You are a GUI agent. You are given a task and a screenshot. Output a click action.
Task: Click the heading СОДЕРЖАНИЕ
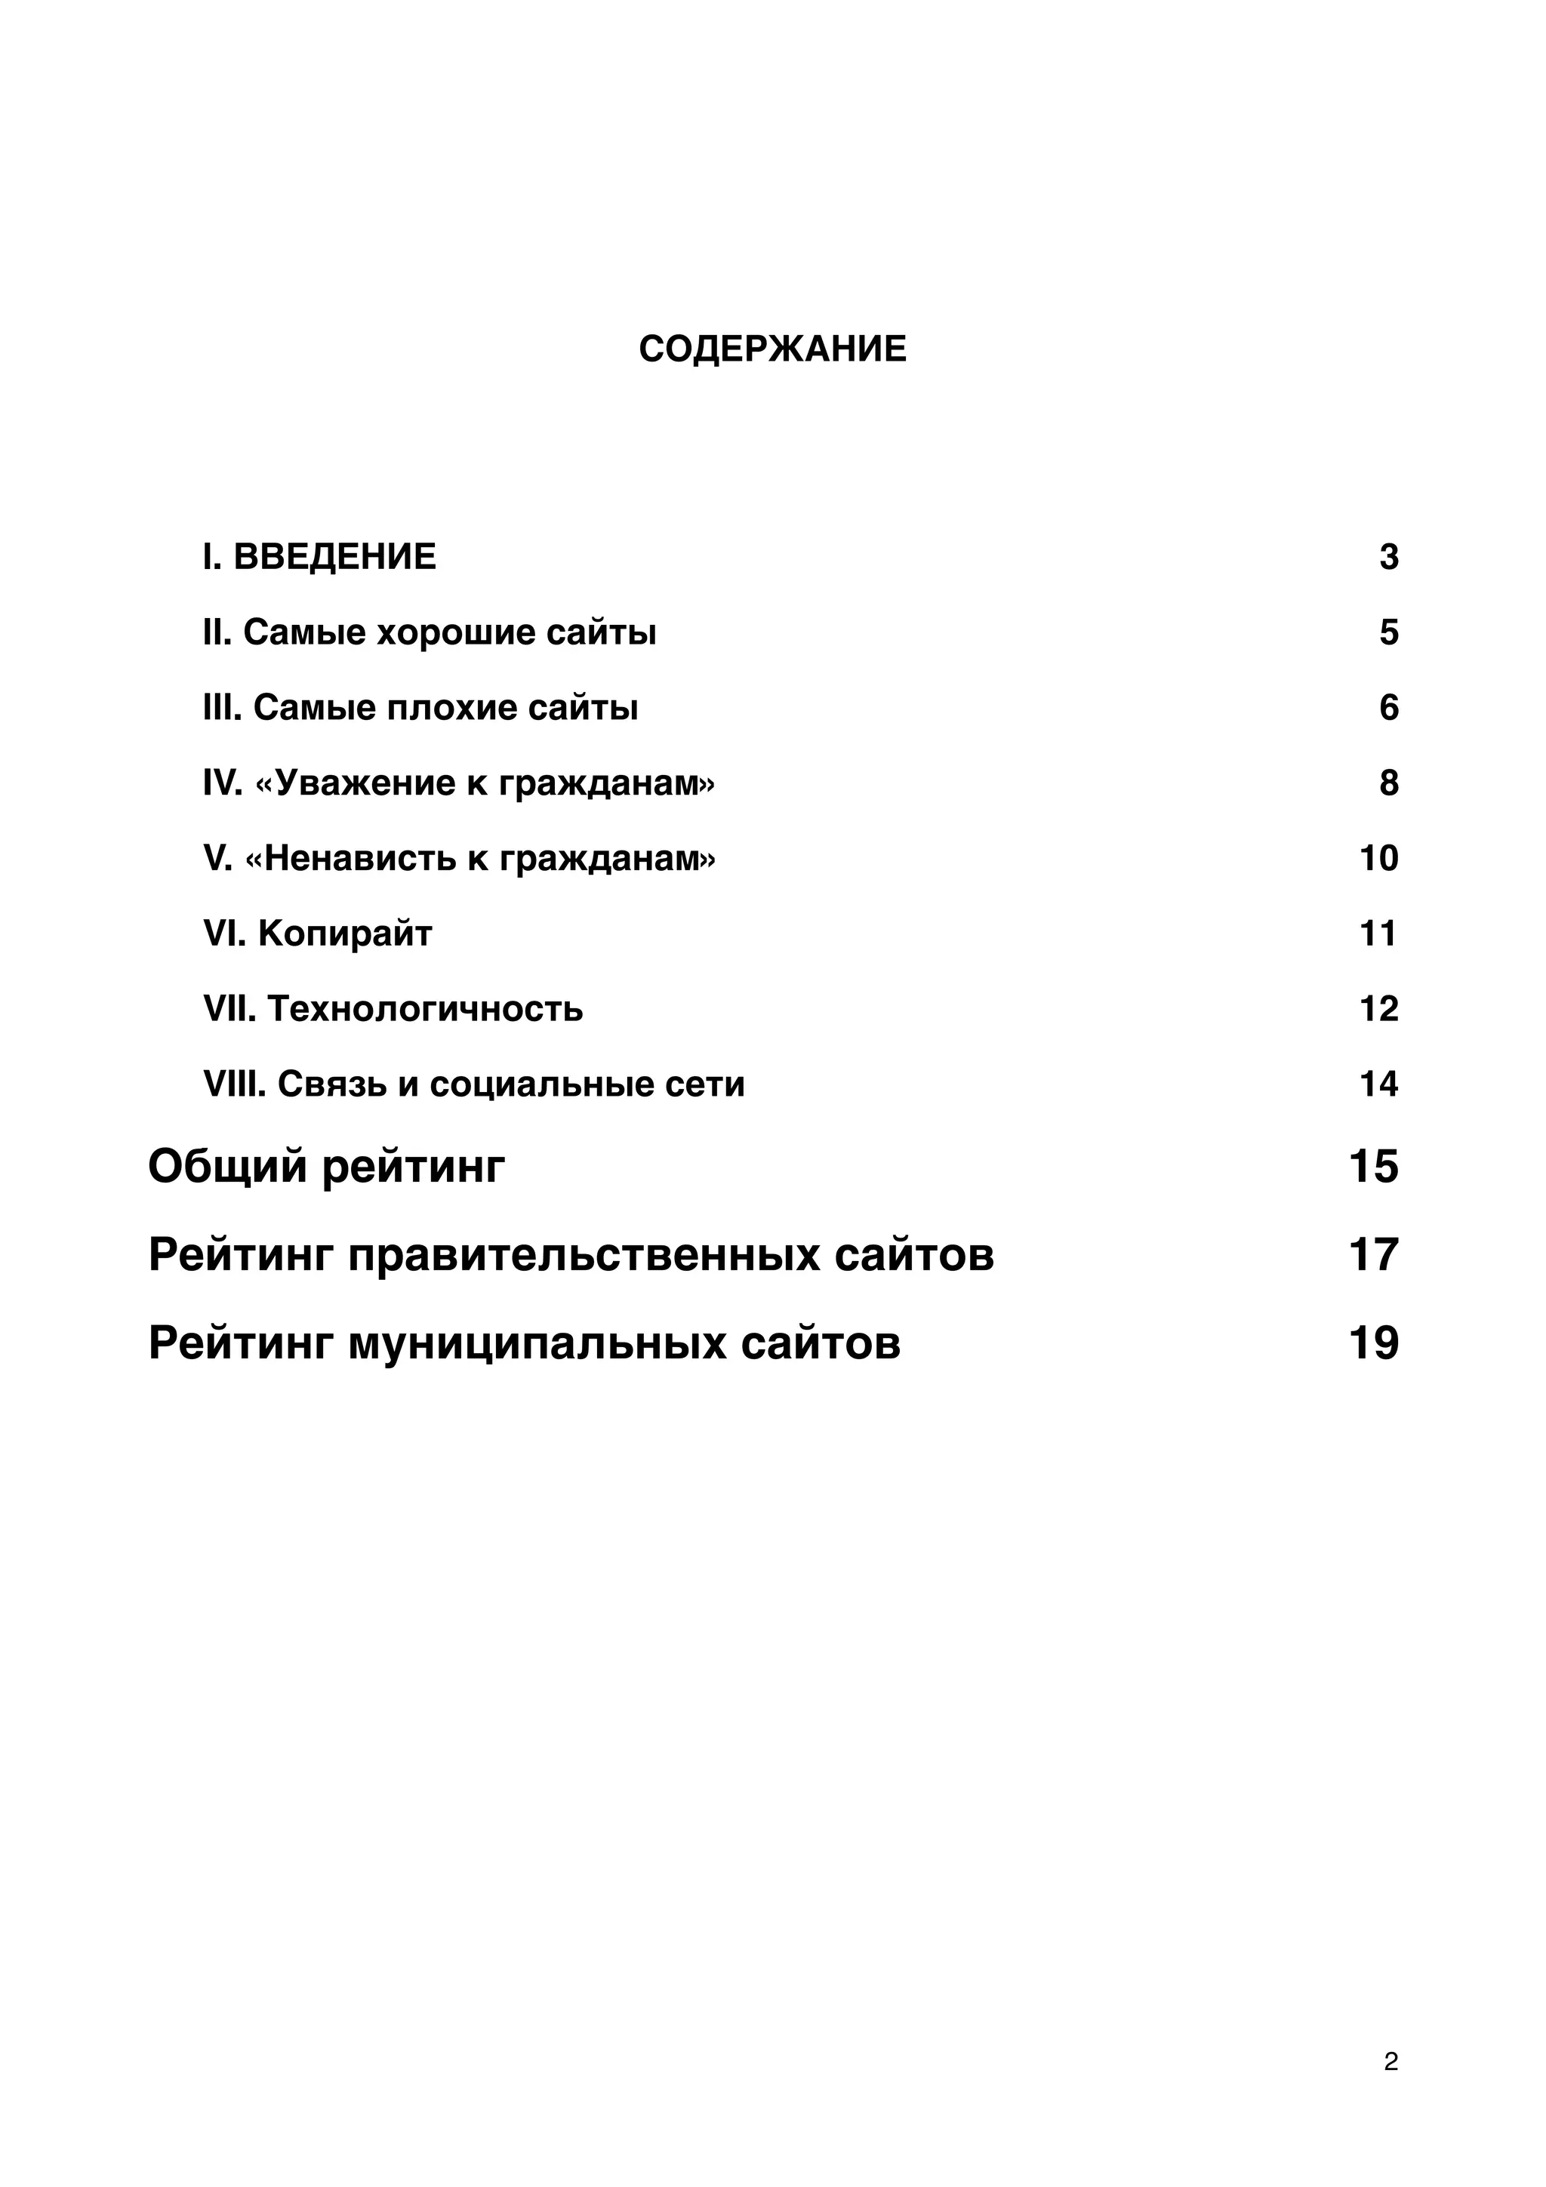(x=771, y=349)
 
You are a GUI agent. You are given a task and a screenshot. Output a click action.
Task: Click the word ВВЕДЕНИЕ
(x=334, y=556)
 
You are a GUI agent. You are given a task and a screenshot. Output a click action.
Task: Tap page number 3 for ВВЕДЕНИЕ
(x=1388, y=556)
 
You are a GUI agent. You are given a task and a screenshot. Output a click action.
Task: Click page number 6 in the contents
(x=1388, y=708)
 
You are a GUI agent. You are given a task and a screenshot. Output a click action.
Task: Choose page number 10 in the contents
(x=1378, y=858)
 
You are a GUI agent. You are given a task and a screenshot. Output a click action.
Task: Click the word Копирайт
(x=345, y=934)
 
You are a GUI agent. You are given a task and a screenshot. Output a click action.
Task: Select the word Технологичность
(x=425, y=1009)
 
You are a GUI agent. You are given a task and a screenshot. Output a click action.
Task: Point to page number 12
(x=1378, y=1009)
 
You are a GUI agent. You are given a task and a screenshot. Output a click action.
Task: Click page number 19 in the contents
(x=1372, y=1343)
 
